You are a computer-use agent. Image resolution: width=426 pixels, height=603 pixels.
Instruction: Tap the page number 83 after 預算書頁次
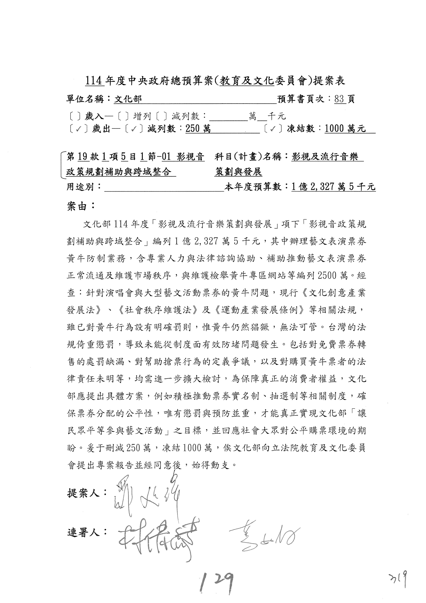tap(339, 99)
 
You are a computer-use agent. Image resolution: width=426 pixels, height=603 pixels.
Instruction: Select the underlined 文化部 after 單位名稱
tap(128, 99)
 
